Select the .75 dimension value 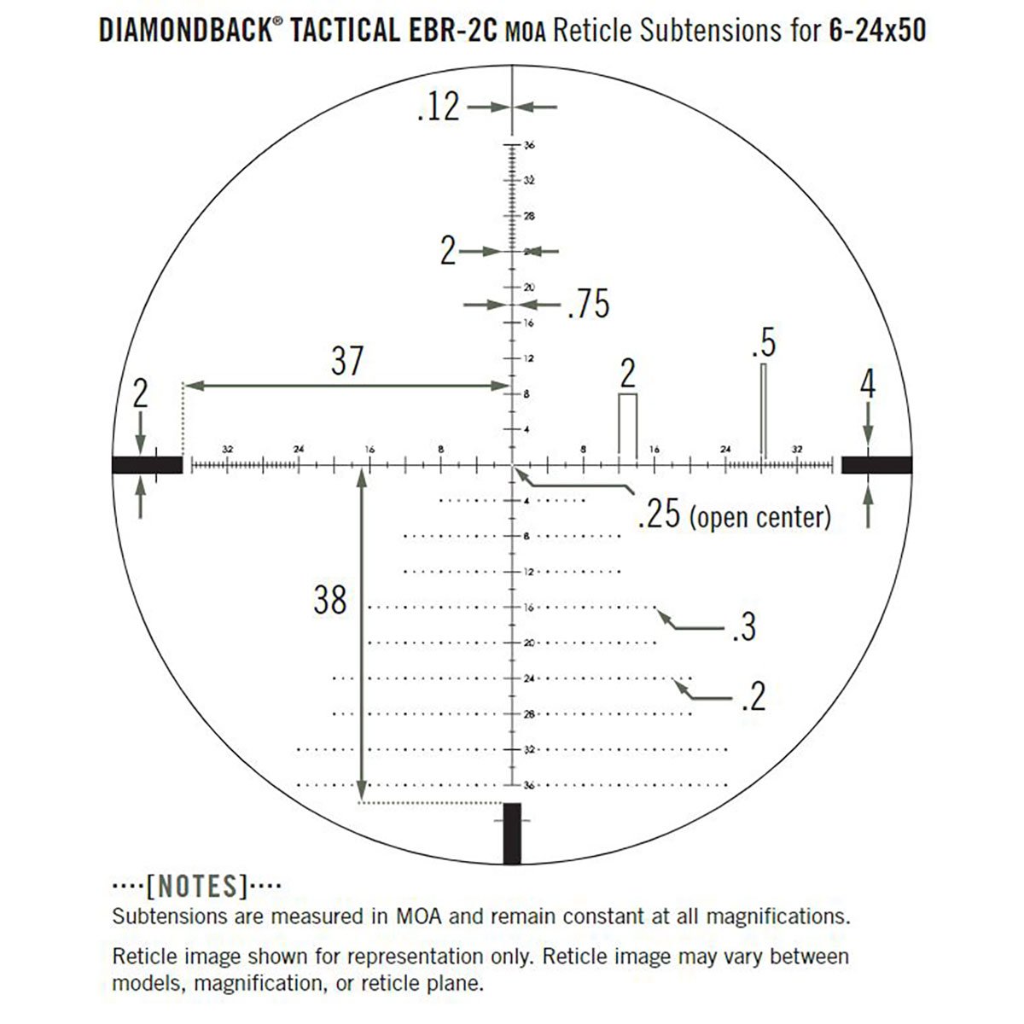[589, 305]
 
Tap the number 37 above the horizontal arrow [346, 361]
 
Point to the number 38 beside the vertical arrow [330, 601]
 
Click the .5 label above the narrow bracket [764, 344]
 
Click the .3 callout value [743, 628]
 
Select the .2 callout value [752, 697]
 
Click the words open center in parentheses [759, 516]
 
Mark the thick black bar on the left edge [147, 464]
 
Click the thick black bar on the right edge [876, 464]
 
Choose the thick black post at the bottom [512, 833]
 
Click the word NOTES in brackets [197, 887]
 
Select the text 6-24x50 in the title [876, 32]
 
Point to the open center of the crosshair [513, 465]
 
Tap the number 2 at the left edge [141, 394]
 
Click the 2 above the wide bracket [627, 374]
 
